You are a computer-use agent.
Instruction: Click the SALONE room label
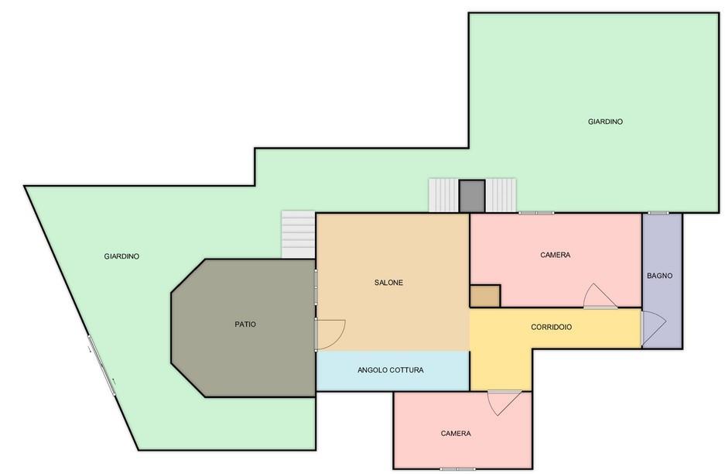tap(388, 283)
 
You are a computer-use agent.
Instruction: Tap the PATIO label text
tap(245, 324)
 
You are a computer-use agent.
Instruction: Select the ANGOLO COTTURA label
tap(391, 370)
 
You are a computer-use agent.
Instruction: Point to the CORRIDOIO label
tap(551, 327)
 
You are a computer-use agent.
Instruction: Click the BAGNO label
tap(660, 276)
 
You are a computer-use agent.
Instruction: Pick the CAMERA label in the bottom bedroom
tap(456, 433)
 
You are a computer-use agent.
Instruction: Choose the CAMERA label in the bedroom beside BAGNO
tap(556, 255)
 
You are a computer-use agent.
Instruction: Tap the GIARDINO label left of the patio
tap(121, 256)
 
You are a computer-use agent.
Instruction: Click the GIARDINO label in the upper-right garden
tap(605, 122)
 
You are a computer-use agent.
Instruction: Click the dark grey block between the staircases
tap(472, 196)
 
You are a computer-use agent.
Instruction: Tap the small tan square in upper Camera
tap(485, 296)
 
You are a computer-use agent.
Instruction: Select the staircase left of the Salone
tap(299, 235)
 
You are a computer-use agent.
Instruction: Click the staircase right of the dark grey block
tap(501, 195)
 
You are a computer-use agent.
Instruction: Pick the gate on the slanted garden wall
tap(101, 366)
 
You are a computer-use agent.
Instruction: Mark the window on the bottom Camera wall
tap(457, 469)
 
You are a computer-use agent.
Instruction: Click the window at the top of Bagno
tap(658, 213)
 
